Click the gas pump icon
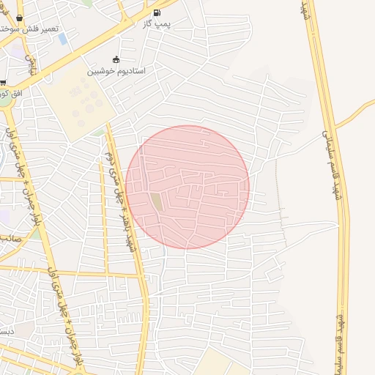[157, 12]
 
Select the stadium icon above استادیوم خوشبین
[115, 59]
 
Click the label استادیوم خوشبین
[117, 71]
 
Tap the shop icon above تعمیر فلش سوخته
[19, 18]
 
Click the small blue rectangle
[62, 38]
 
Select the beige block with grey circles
[77, 103]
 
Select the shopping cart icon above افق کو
[2, 82]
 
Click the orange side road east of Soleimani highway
[359, 114]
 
